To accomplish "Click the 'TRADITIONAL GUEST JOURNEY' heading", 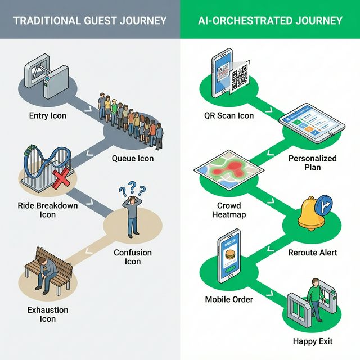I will pyautogui.click(x=90, y=21).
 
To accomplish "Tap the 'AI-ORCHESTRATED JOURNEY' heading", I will pyautogui.click(x=270, y=21).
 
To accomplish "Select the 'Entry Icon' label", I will pyautogui.click(x=47, y=116).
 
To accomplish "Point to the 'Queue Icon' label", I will pyautogui.click(x=133, y=159).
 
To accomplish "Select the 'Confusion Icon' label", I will pyautogui.click(x=133, y=257).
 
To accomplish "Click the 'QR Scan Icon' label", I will pyautogui.click(x=229, y=116).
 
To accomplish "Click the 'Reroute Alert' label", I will pyautogui.click(x=313, y=253).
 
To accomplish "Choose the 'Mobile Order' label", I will pyautogui.click(x=228, y=299).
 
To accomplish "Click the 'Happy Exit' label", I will pyautogui.click(x=313, y=341).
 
